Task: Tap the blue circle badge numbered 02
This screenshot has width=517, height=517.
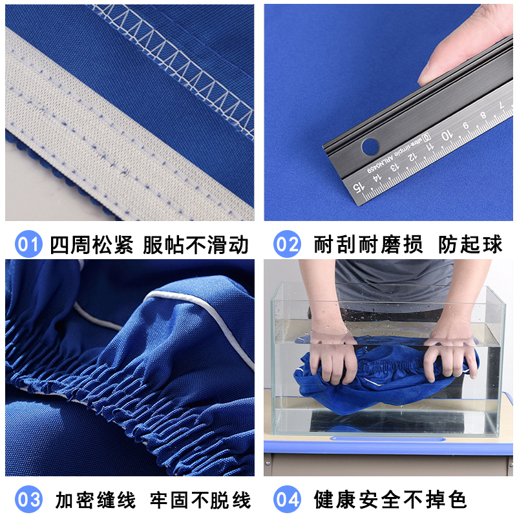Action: click(287, 244)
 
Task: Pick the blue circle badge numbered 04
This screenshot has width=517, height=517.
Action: click(287, 499)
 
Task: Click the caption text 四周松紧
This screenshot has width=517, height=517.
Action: click(91, 244)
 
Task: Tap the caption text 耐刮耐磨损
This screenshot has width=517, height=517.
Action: click(368, 244)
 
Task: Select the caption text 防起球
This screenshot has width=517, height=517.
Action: click(470, 244)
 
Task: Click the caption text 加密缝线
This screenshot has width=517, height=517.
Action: click(95, 499)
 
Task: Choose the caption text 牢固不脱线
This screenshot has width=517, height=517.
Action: click(200, 499)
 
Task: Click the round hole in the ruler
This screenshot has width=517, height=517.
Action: click(370, 147)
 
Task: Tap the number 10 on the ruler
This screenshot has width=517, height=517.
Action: click(445, 136)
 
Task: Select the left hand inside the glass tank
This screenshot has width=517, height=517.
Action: click(333, 359)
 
